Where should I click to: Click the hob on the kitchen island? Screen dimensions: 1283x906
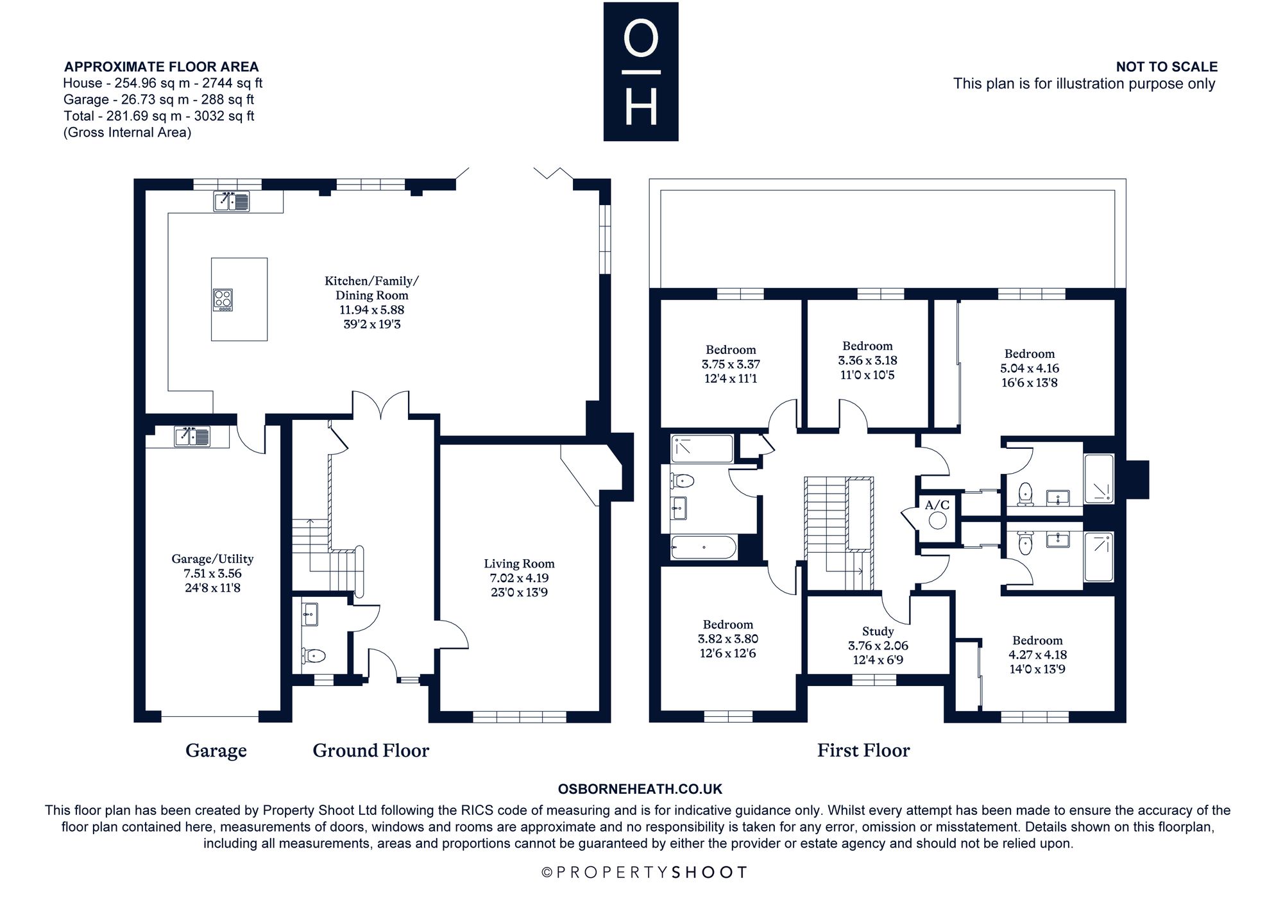223,299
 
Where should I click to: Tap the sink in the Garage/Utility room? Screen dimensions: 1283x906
192,437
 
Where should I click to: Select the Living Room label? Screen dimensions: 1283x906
519,564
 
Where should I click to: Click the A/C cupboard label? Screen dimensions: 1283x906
937,505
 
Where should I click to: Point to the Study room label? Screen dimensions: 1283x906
878,632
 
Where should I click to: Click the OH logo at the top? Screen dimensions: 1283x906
641,72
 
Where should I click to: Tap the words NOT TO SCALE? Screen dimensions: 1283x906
1166,67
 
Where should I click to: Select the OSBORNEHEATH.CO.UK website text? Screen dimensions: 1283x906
640,789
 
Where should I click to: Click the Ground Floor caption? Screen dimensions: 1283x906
371,750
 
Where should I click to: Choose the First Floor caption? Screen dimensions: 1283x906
863,750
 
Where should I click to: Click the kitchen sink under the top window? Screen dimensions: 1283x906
232,201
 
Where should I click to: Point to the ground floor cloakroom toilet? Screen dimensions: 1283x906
314,655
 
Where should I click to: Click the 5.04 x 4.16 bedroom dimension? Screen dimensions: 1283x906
1030,369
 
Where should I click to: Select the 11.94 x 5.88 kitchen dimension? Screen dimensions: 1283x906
372,310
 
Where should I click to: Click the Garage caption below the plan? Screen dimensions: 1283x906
216,750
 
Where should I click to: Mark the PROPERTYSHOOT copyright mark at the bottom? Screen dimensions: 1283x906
644,872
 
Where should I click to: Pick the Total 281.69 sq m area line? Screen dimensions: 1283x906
159,116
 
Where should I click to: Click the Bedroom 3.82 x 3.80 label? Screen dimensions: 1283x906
728,639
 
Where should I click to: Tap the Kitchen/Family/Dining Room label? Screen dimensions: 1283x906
372,288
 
